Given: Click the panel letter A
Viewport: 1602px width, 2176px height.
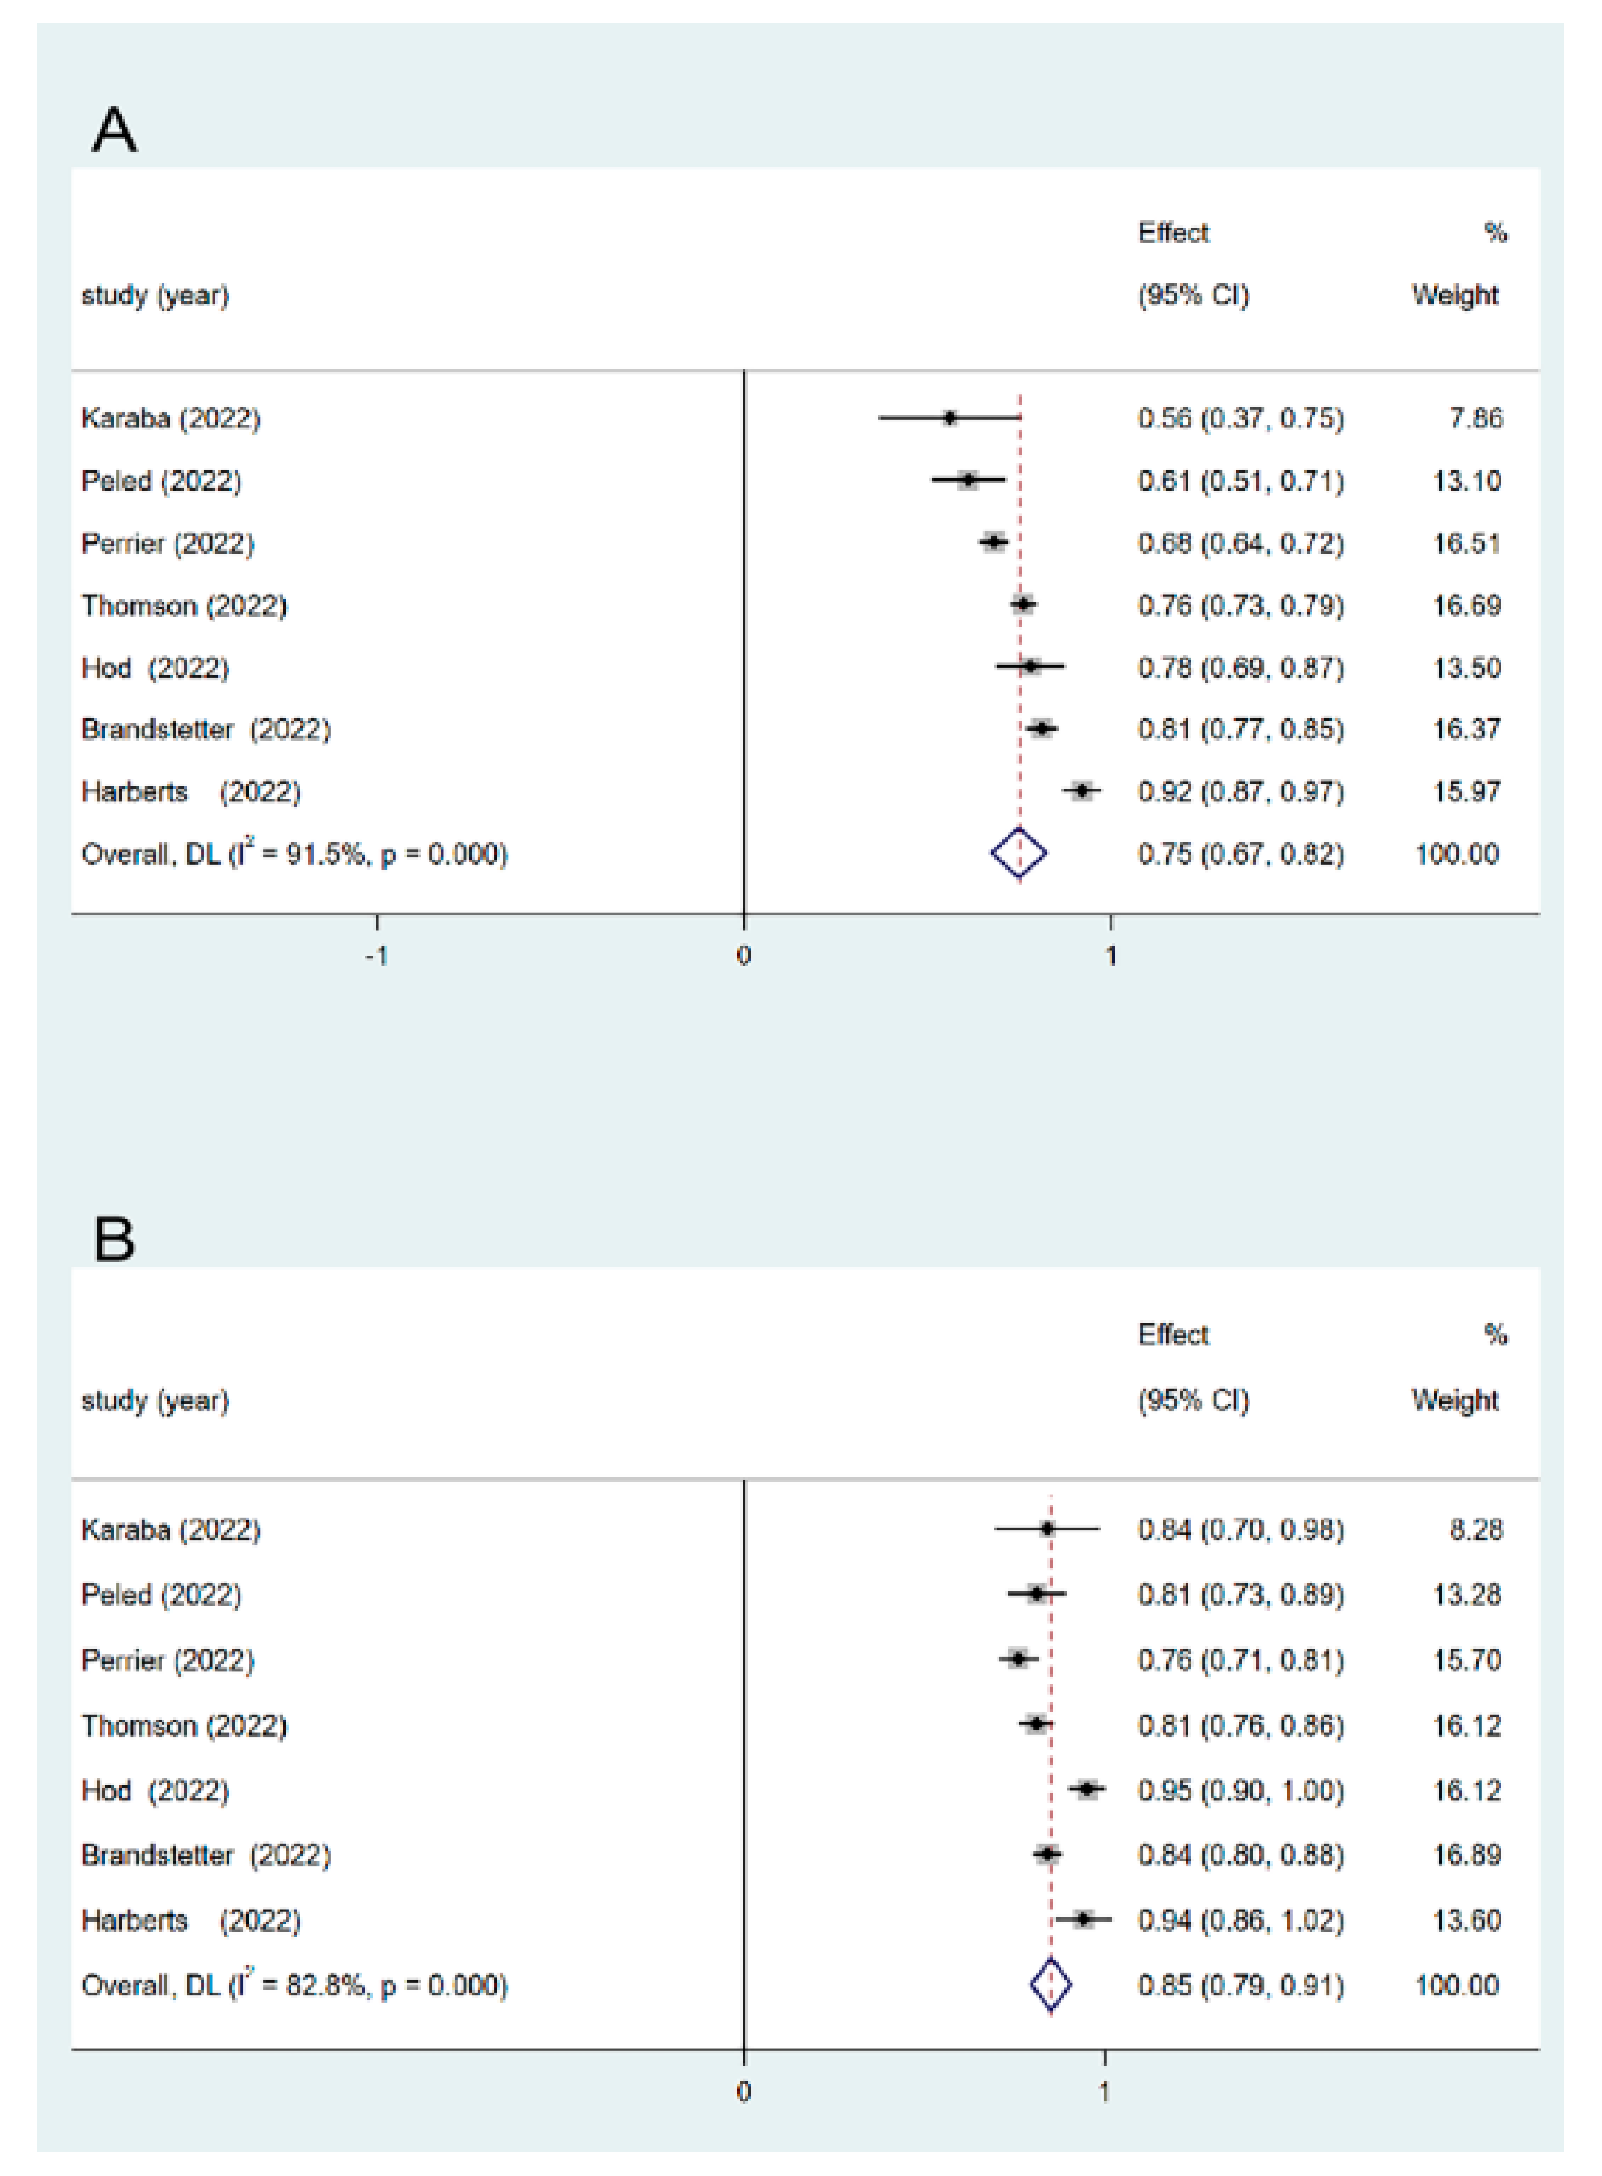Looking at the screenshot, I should pos(114,131).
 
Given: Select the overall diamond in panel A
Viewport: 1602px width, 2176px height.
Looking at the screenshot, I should pos(1018,853).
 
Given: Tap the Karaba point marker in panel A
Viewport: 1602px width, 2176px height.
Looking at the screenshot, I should pos(949,418).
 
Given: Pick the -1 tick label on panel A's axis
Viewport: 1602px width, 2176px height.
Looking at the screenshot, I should pos(376,956).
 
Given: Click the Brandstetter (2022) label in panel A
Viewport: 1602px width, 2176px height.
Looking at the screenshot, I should pos(205,729).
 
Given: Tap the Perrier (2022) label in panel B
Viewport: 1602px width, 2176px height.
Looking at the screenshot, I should pos(167,1660).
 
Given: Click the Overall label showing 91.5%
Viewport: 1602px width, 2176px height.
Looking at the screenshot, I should pos(294,853).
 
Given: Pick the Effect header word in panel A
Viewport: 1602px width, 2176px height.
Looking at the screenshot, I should pos(1173,233).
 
